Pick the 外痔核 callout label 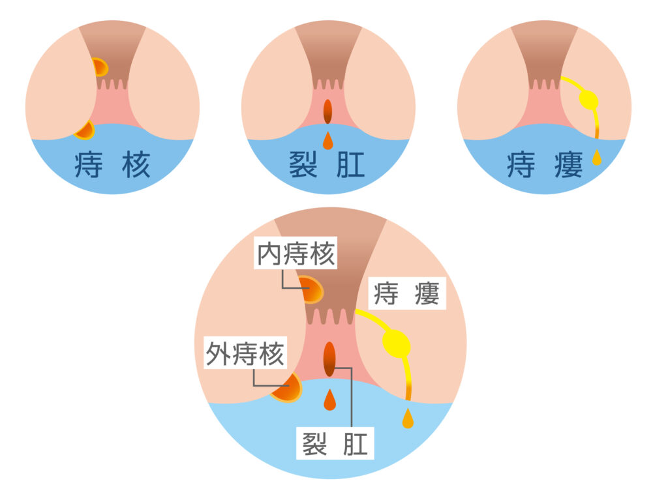click(x=245, y=354)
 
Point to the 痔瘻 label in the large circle click(x=407, y=295)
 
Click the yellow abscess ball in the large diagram click(x=397, y=344)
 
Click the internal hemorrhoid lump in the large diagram click(x=312, y=289)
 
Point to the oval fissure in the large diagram click(x=329, y=358)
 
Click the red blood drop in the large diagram click(x=329, y=400)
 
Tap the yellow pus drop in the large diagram click(x=408, y=419)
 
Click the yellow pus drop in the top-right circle click(x=597, y=157)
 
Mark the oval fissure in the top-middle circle click(x=327, y=111)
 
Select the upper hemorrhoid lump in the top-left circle click(x=99, y=67)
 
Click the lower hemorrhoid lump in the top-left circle click(x=85, y=130)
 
